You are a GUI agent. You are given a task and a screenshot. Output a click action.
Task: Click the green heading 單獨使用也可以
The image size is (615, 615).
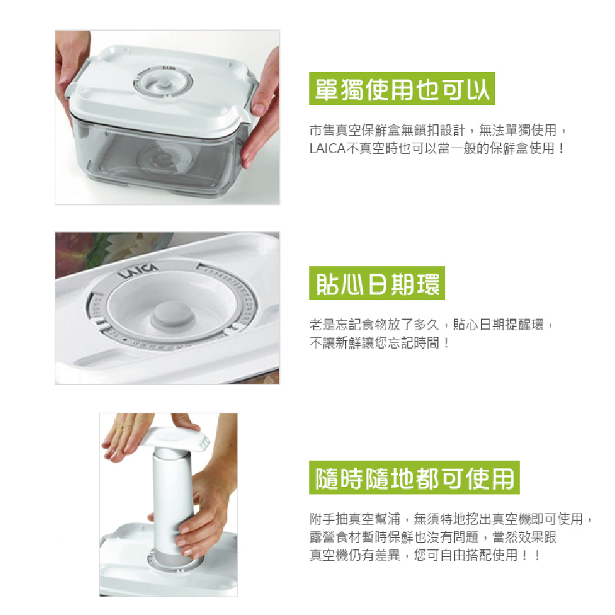point(402,89)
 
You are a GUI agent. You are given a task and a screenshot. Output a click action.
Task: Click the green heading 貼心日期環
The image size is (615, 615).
point(377,283)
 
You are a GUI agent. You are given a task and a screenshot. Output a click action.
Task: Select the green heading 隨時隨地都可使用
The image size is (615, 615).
point(414,478)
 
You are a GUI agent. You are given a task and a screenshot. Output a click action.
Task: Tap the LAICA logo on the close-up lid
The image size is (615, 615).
point(140,270)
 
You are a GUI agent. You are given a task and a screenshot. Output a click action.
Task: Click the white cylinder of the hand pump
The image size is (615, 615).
point(173,506)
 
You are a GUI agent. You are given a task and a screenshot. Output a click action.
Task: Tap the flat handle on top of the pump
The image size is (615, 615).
point(173,437)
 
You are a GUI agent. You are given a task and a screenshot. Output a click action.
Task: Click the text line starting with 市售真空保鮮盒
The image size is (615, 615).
point(438,130)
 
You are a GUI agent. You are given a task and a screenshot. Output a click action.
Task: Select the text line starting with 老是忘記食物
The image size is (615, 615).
point(432,325)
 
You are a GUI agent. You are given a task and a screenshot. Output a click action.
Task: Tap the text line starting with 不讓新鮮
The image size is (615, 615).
point(379,343)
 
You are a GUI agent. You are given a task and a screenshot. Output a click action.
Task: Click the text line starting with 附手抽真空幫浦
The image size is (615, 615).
point(451,519)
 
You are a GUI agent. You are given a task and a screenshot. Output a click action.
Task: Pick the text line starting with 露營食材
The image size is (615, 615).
point(433,537)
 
